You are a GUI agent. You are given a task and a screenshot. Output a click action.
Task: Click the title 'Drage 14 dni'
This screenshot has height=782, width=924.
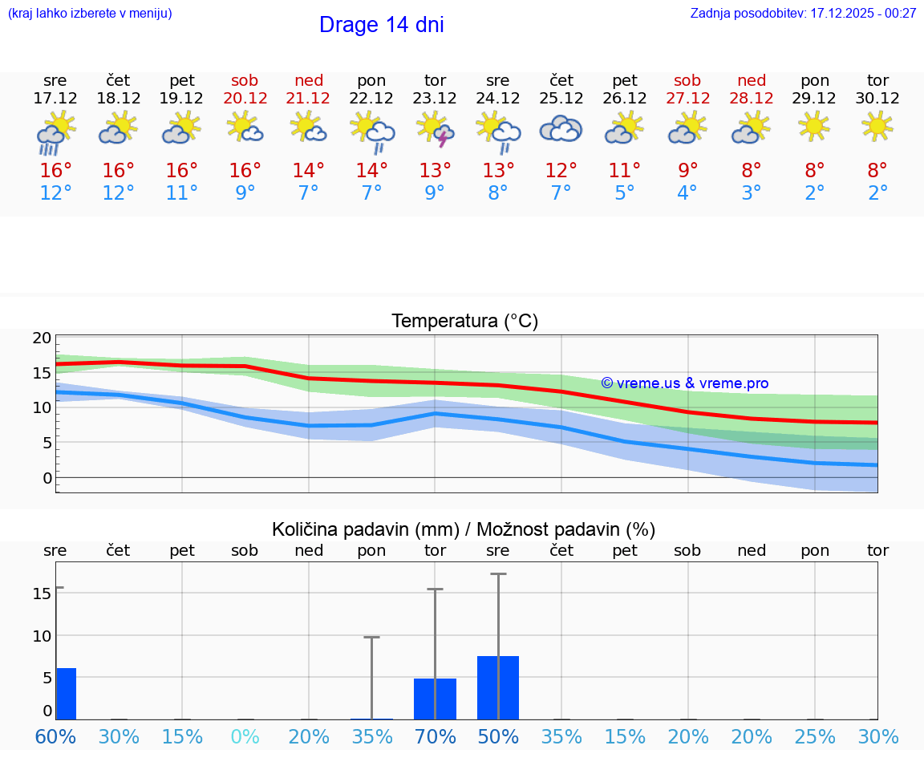tap(381, 25)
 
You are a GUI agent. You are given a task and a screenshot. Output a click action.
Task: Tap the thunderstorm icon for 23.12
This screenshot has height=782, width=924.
tap(435, 130)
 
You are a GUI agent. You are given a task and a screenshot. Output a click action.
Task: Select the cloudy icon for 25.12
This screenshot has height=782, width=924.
tap(561, 129)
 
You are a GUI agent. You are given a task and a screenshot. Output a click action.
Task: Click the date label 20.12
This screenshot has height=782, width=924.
tap(245, 99)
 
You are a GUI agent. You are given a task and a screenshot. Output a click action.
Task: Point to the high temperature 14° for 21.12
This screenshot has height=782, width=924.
tap(308, 171)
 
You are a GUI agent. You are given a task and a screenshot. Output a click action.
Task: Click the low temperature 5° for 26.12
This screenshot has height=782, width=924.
tap(624, 193)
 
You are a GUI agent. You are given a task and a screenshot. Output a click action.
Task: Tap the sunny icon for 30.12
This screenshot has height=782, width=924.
tap(877, 126)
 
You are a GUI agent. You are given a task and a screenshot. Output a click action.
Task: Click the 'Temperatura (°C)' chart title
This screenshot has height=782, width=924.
tap(464, 322)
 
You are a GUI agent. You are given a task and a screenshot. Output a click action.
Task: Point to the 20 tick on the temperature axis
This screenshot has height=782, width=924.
tap(42, 338)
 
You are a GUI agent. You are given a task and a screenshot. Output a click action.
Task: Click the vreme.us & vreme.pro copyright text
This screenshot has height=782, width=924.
tap(684, 383)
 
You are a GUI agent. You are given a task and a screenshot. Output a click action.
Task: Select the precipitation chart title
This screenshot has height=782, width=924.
tap(463, 529)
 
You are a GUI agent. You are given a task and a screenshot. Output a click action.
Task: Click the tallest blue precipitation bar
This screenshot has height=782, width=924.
tap(497, 687)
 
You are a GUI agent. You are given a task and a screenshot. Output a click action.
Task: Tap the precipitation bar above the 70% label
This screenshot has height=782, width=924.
tap(435, 699)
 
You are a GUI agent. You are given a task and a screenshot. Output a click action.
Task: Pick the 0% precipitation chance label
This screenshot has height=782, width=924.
tap(245, 736)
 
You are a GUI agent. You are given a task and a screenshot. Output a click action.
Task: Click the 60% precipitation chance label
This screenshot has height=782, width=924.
tap(55, 736)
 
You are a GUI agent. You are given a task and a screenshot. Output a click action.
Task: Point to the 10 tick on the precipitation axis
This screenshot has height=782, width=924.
tap(42, 635)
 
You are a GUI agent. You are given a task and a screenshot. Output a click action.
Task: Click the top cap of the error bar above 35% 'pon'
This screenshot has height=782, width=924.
tap(371, 637)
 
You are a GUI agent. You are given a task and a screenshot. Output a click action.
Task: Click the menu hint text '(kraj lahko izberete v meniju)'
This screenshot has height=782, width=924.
tap(90, 13)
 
